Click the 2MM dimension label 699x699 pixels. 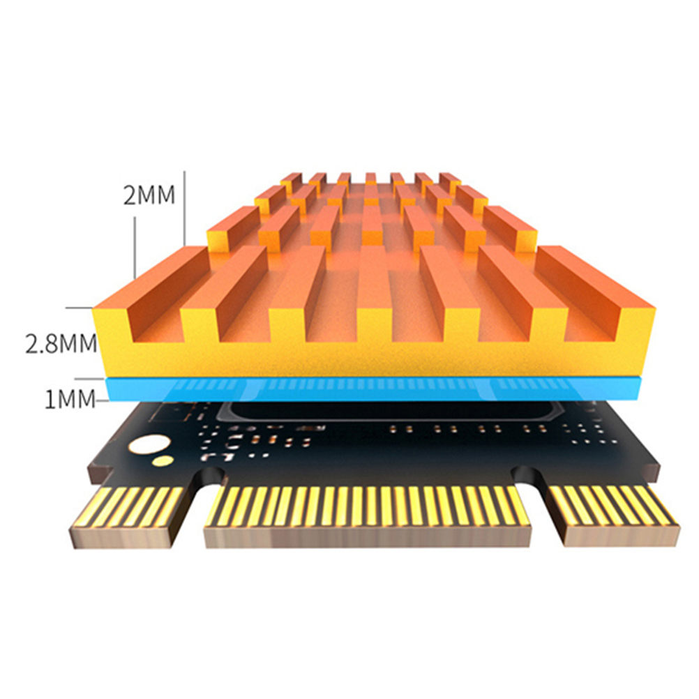pos(149,195)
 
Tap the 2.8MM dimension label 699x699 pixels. pos(61,344)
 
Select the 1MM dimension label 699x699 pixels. pos(70,399)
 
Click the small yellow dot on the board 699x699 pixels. pos(163,461)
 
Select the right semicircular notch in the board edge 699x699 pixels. pos(529,475)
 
